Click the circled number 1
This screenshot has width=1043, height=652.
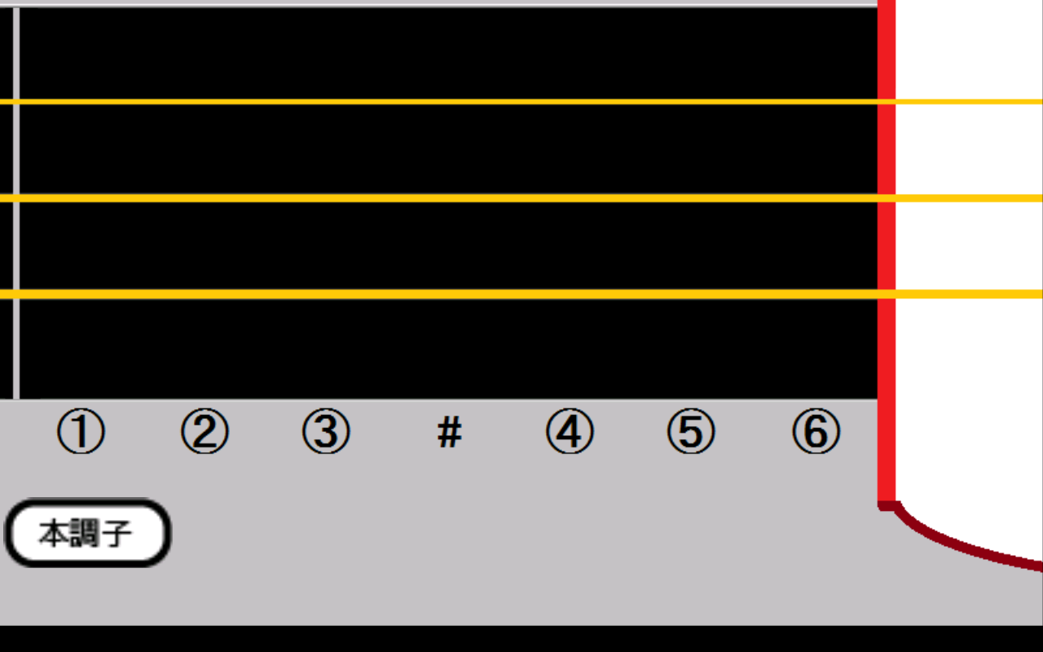point(81,431)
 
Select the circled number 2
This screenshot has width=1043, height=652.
point(205,431)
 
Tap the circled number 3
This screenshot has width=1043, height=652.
point(326,431)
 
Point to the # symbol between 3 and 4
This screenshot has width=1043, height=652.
point(450,432)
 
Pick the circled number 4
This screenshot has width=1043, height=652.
point(570,431)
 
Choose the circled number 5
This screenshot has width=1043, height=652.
point(691,431)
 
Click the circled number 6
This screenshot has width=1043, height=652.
point(816,431)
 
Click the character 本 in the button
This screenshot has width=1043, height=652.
point(54,533)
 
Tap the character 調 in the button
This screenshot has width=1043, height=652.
point(85,533)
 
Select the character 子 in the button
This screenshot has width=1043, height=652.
point(117,533)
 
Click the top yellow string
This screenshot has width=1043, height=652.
point(521,102)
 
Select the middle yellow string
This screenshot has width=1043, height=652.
point(521,198)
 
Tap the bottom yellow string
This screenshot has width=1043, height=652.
point(521,294)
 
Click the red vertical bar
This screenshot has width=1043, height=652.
point(887,252)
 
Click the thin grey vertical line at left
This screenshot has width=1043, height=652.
point(16,204)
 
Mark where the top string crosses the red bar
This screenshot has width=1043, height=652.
point(887,102)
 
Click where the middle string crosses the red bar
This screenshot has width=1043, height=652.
point(887,198)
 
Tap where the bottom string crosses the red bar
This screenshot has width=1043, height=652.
point(887,294)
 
